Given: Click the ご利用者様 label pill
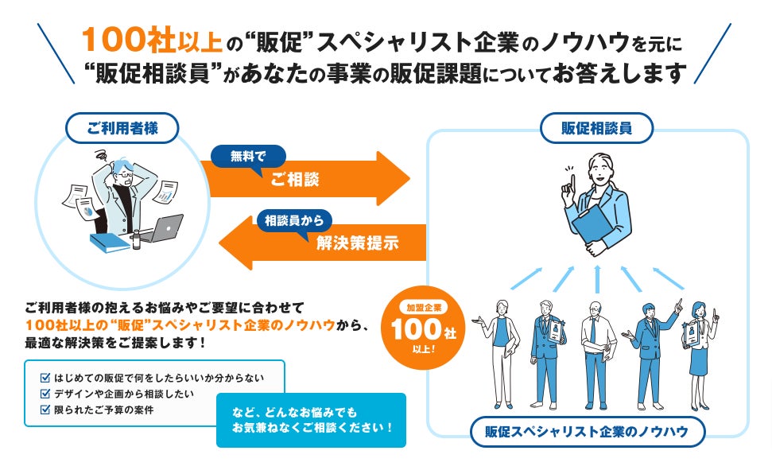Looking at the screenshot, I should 121,127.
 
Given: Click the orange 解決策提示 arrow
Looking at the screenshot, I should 318,243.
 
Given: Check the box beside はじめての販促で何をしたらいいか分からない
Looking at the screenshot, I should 45,377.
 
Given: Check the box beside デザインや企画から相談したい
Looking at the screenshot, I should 45,394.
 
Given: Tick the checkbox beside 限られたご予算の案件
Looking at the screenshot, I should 45,410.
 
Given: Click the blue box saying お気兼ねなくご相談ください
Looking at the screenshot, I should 311,420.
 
